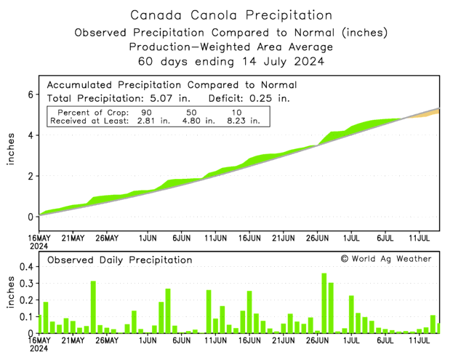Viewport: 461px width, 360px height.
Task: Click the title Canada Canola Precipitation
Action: click(231, 15)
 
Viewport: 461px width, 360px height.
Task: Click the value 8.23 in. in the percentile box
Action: click(244, 121)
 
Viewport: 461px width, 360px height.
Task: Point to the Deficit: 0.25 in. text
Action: click(249, 97)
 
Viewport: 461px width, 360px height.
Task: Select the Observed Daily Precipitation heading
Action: click(120, 260)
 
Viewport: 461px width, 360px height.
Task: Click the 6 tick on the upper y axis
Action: click(31, 95)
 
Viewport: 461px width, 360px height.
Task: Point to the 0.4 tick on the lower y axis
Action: click(25, 267)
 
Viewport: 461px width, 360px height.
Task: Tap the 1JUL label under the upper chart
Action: click(351, 238)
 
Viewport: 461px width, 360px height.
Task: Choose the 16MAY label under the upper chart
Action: click(39, 238)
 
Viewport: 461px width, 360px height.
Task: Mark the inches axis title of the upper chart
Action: click(11, 150)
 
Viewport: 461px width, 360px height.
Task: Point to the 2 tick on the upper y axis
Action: click(31, 176)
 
